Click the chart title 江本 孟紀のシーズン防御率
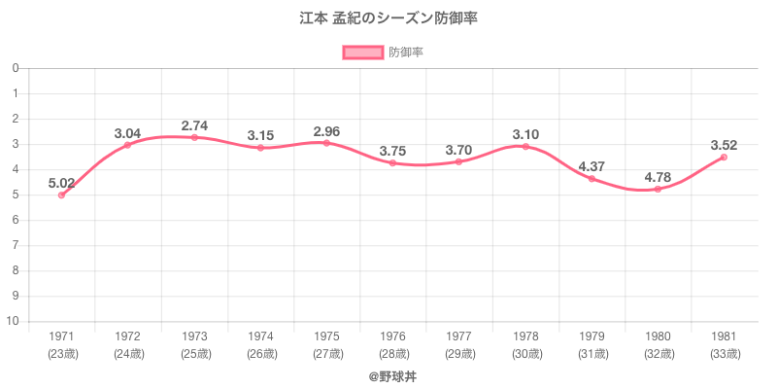tap(388, 18)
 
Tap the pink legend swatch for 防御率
tap(362, 53)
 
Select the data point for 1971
tap(61, 195)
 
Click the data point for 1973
tap(194, 137)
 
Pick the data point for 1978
tap(525, 147)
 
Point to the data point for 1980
tap(658, 189)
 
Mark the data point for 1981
tap(724, 158)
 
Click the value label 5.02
tap(61, 182)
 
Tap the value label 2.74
tap(194, 125)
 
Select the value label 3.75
tap(392, 151)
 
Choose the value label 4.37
tap(591, 166)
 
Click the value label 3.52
tap(724, 145)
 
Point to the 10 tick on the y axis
tap(14, 322)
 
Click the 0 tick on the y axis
tap(17, 68)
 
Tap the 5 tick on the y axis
tap(17, 195)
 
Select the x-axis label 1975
tap(326, 336)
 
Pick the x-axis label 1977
tap(459, 336)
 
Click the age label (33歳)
tap(724, 353)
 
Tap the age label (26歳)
tap(260, 353)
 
